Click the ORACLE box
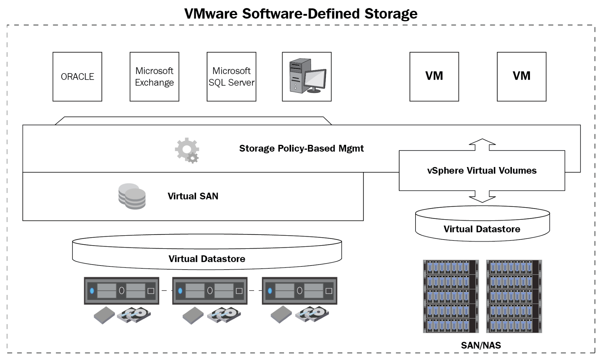(x=77, y=77)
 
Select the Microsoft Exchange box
(x=154, y=77)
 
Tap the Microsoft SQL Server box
(x=232, y=77)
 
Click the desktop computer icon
(x=307, y=76)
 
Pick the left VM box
(x=434, y=77)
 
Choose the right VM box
(x=521, y=77)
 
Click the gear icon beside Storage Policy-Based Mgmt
(x=187, y=150)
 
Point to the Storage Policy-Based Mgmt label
(x=301, y=149)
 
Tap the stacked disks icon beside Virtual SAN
(x=132, y=196)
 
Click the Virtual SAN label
(x=193, y=196)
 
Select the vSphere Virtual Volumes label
(x=482, y=170)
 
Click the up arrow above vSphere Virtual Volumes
(x=482, y=144)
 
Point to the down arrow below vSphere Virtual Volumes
(x=482, y=197)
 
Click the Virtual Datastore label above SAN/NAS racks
(x=482, y=229)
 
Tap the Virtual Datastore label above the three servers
(x=207, y=259)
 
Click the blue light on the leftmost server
(x=92, y=291)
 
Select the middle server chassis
(x=210, y=291)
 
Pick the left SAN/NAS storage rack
(x=451, y=296)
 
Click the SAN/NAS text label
(x=481, y=345)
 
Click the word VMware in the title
(x=211, y=14)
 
